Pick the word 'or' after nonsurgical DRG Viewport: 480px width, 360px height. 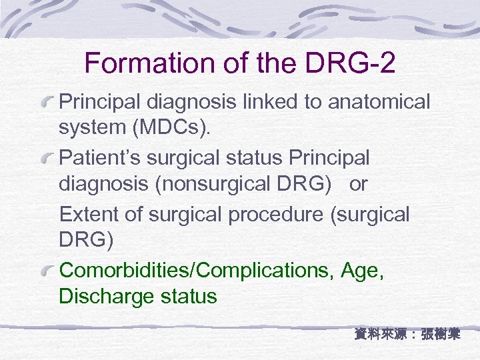[358, 184]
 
